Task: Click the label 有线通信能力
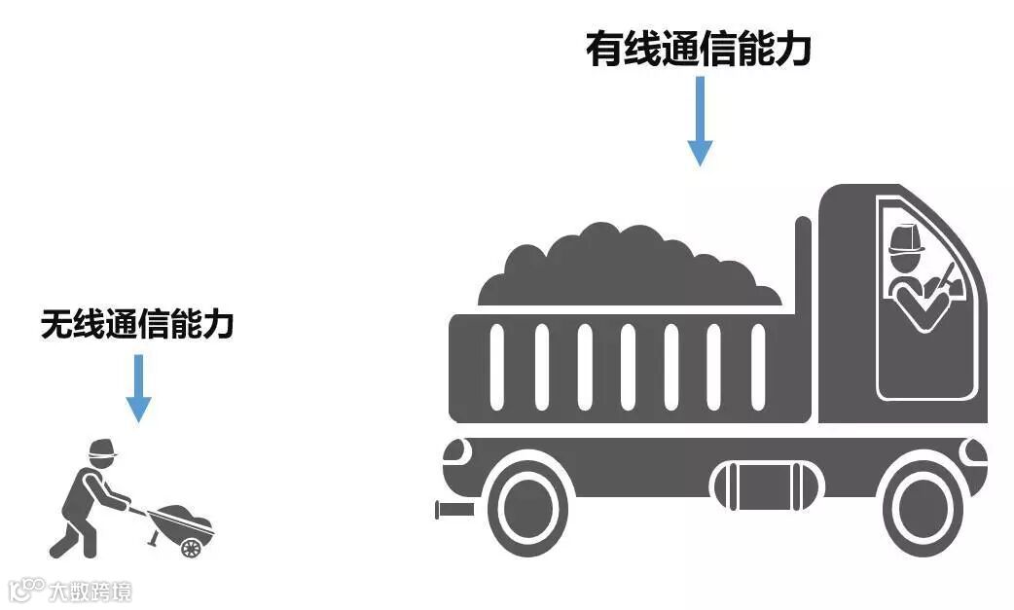click(698, 50)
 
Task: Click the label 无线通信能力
click(137, 324)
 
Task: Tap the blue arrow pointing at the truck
click(700, 121)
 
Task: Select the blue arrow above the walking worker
click(139, 387)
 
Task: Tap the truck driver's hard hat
click(906, 239)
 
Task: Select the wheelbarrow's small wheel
click(191, 548)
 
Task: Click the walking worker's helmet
click(101, 449)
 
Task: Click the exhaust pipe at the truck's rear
click(454, 509)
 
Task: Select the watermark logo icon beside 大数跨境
click(26, 590)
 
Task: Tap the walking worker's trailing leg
click(64, 540)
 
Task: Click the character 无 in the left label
click(55, 324)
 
